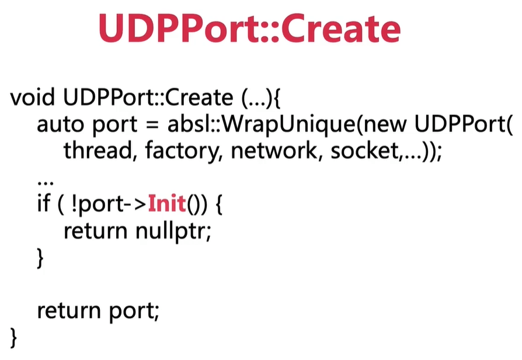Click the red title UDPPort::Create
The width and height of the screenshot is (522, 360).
pos(249,28)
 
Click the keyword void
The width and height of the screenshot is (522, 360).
pos(32,97)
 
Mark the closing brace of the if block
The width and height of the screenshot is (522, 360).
pos(40,258)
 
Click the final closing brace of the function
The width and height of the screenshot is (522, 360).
pos(14,338)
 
